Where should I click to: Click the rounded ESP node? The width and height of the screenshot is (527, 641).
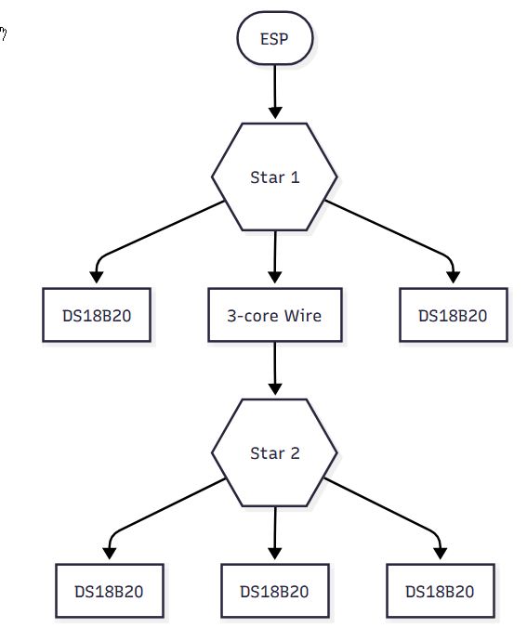click(275, 40)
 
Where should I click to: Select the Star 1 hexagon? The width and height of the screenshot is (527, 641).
click(275, 177)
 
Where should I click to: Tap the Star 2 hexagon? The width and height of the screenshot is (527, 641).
click(275, 453)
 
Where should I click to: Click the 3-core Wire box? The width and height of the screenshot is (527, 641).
click(274, 315)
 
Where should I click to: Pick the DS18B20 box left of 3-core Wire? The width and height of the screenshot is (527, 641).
click(97, 315)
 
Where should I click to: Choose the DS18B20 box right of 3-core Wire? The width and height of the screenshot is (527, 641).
click(453, 315)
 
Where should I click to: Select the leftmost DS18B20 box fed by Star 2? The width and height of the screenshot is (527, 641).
click(110, 591)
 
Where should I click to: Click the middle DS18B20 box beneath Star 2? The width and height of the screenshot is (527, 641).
click(274, 591)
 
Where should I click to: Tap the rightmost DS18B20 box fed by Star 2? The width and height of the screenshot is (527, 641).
click(440, 591)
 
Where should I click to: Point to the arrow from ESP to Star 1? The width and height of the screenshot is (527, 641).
click(275, 93)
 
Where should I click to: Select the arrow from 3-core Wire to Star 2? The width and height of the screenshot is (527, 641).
click(275, 369)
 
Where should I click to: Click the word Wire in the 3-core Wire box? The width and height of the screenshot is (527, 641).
click(302, 315)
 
